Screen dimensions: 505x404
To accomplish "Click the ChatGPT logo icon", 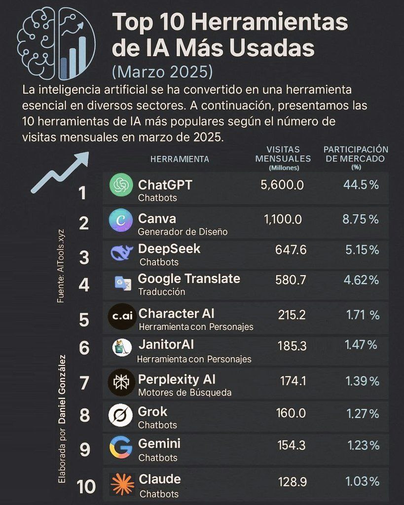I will point(121,185).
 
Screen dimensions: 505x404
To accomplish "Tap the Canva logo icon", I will point(121,219).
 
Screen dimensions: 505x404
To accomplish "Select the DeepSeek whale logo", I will point(121,252).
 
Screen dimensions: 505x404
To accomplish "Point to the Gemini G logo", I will point(121,447).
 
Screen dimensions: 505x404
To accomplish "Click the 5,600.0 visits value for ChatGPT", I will point(282,185).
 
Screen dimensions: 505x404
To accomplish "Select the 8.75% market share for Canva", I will point(361,219).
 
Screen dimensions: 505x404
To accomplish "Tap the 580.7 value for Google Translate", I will point(291,280).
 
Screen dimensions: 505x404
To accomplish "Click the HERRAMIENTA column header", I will point(180,159).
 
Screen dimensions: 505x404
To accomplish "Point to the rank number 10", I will point(86,487).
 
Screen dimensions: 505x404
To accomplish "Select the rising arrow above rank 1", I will point(60,172).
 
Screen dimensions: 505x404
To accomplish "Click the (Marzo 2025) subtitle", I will point(162,72).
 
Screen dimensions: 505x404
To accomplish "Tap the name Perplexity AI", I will point(177,379).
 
